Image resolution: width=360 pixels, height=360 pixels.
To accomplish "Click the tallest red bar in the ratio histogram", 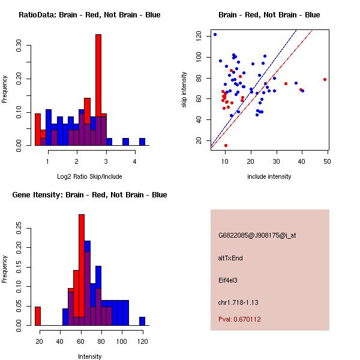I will pos(98,90).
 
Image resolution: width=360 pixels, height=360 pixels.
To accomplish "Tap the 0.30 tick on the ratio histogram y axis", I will pos(19,46).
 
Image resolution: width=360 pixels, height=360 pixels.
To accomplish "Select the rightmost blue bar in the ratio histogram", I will pos(142,142).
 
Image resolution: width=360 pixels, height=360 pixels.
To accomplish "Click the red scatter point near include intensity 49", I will pos(325,79).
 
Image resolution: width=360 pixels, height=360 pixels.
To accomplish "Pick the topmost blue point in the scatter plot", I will pos(215,34).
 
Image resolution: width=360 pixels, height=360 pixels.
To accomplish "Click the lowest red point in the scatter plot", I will pos(226,145).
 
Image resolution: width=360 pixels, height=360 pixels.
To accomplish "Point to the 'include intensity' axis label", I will pos(270,176).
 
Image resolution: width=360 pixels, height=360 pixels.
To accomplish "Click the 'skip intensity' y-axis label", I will pos(185,90).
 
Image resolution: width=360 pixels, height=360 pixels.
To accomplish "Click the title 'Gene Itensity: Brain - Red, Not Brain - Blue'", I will pos(89,194).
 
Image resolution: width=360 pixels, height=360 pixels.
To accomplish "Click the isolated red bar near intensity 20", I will pos(38,316).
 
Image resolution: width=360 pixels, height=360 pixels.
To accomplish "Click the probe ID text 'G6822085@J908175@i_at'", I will pos(257,235).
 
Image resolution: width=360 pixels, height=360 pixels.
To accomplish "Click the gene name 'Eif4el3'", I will pos(229,280).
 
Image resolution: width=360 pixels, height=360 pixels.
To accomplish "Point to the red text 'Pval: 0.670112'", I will pos(239,319).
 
